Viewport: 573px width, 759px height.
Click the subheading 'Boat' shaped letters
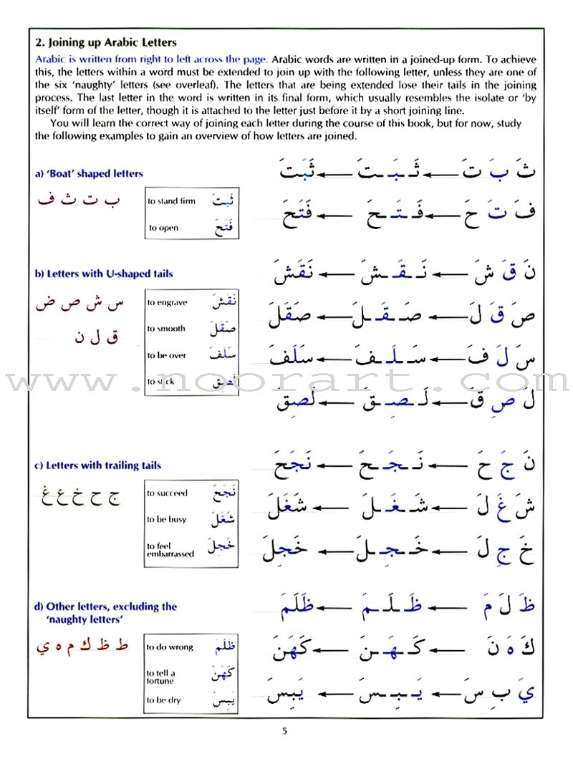click(x=90, y=174)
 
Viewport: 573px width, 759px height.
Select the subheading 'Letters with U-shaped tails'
click(x=104, y=274)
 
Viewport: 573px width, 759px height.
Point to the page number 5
click(x=284, y=731)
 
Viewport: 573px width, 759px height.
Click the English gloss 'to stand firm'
click(x=171, y=201)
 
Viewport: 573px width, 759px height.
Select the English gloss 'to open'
click(x=163, y=228)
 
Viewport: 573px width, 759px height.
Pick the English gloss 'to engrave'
click(x=167, y=302)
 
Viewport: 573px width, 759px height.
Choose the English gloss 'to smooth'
click(x=166, y=329)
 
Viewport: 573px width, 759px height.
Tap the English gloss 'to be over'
click(x=167, y=355)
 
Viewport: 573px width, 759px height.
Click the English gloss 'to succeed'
click(x=167, y=493)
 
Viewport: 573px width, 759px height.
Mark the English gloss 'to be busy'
click(x=166, y=520)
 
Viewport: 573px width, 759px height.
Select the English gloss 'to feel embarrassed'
click(x=170, y=550)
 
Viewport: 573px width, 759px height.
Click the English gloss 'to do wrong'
click(x=170, y=647)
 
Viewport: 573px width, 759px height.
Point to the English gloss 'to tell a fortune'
click(x=161, y=677)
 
